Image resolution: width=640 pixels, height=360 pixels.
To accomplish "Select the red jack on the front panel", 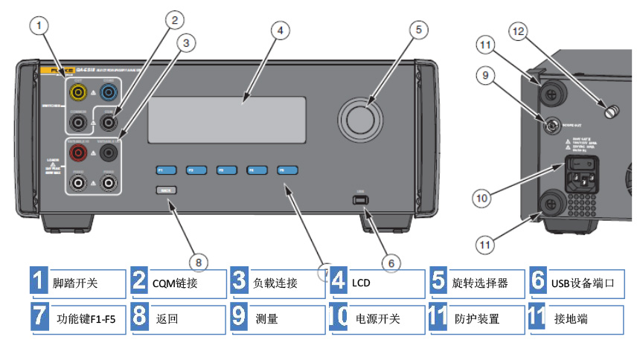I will click(x=77, y=152).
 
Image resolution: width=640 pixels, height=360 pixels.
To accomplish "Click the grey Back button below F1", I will click(x=164, y=190).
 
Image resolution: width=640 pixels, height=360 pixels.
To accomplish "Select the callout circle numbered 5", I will click(x=417, y=30).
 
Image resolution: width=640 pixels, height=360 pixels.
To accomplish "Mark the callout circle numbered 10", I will click(x=484, y=198).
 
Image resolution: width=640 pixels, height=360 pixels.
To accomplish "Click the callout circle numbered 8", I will click(x=198, y=261).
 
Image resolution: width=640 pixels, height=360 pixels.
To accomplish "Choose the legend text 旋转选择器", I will click(x=480, y=283).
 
